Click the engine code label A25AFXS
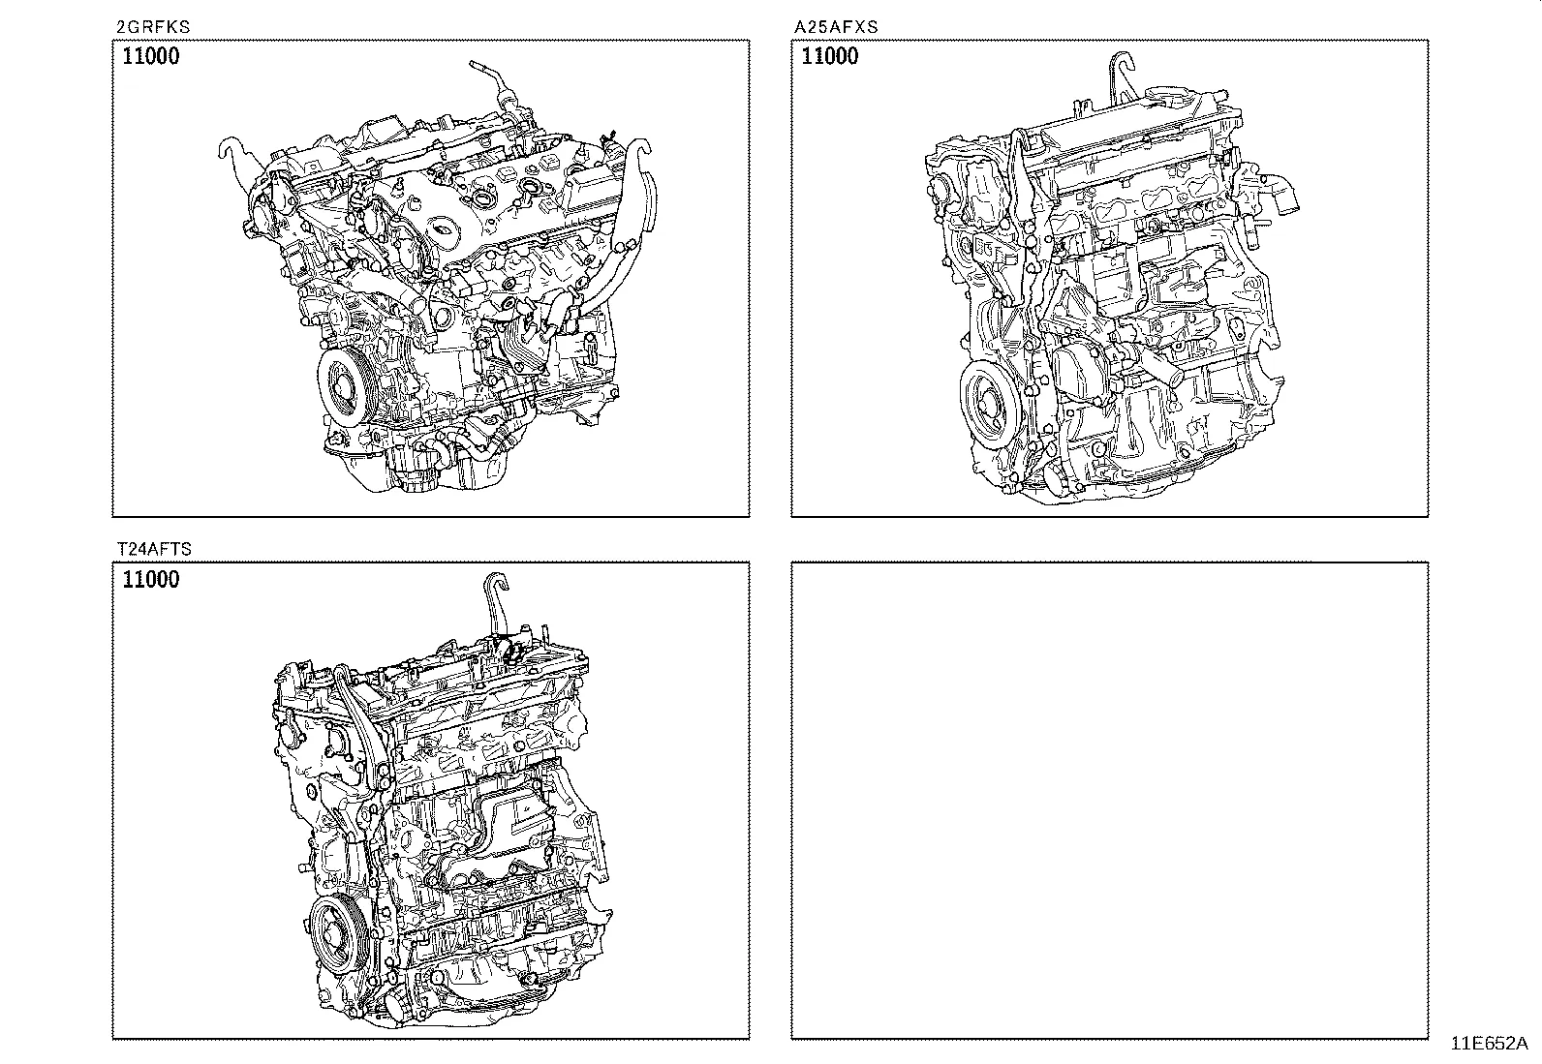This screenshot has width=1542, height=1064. [x=835, y=27]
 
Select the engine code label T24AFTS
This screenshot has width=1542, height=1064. [x=153, y=549]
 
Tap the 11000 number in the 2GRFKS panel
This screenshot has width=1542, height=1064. [x=151, y=56]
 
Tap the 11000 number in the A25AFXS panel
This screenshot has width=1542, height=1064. [x=830, y=56]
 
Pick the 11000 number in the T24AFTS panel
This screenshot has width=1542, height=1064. [x=151, y=580]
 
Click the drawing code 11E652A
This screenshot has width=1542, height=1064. [x=1488, y=1044]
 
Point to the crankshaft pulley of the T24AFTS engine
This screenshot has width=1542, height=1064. [x=333, y=934]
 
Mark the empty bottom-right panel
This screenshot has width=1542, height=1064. [x=1109, y=800]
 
